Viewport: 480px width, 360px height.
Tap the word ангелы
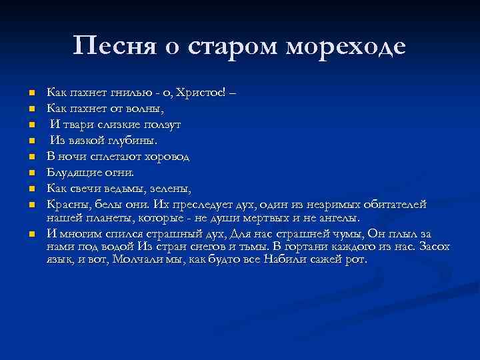335,218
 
